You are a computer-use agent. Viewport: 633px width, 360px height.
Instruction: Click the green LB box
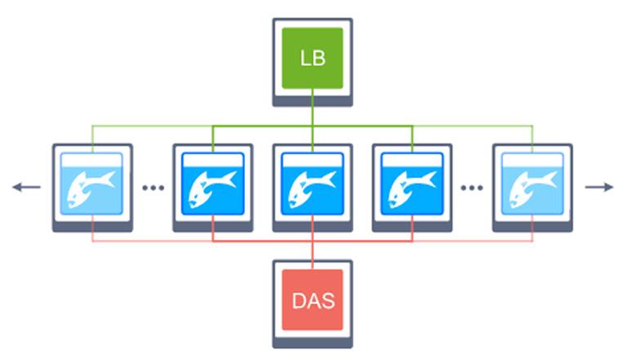[x=313, y=58]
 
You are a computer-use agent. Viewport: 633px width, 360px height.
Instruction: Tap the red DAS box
[x=313, y=300]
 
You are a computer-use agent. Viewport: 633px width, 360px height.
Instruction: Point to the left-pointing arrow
[x=26, y=187]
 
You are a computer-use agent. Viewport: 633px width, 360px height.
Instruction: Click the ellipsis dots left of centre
[x=153, y=188]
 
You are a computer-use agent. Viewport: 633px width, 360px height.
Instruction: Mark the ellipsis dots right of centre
[x=471, y=188]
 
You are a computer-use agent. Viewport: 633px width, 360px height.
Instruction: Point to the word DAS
[x=313, y=300]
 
